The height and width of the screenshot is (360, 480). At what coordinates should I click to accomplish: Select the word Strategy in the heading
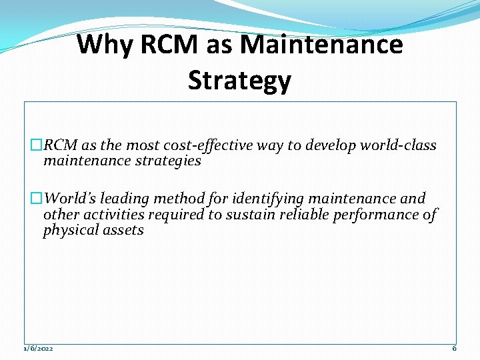(x=239, y=81)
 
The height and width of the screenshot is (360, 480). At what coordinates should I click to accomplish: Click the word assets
(x=123, y=231)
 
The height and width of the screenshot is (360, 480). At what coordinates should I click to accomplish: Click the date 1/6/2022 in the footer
(x=39, y=349)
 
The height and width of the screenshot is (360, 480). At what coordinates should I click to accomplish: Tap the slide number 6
(x=454, y=349)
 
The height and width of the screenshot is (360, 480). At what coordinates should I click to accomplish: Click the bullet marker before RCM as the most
(x=37, y=146)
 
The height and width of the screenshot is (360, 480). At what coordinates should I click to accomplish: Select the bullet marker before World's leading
(x=37, y=199)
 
